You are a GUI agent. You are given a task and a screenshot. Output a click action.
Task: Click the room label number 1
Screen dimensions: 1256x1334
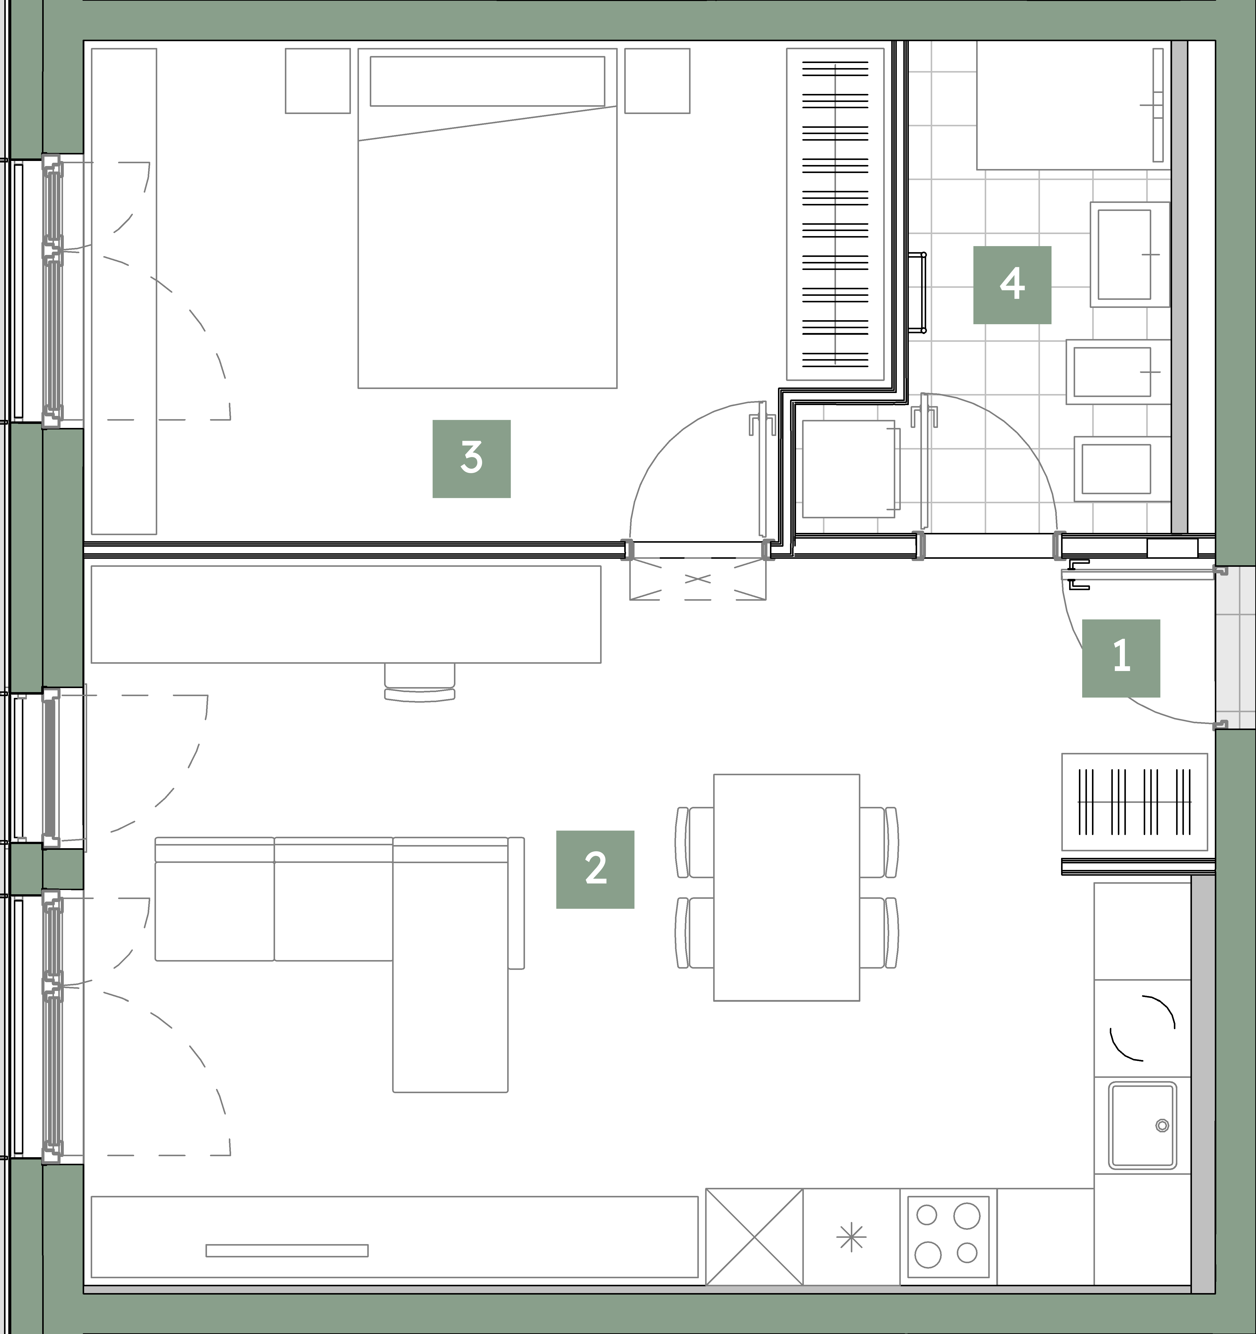tap(1121, 658)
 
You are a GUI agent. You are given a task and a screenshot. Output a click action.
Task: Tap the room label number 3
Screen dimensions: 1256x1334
tap(471, 459)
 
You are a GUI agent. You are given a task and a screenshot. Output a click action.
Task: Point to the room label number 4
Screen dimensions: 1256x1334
tap(1012, 285)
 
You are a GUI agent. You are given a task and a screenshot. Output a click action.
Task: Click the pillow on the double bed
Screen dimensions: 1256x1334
tap(487, 81)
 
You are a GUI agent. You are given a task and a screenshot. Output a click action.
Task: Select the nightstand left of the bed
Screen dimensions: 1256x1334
tap(318, 81)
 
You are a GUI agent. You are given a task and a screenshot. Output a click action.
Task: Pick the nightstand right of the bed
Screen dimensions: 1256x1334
tap(657, 81)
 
